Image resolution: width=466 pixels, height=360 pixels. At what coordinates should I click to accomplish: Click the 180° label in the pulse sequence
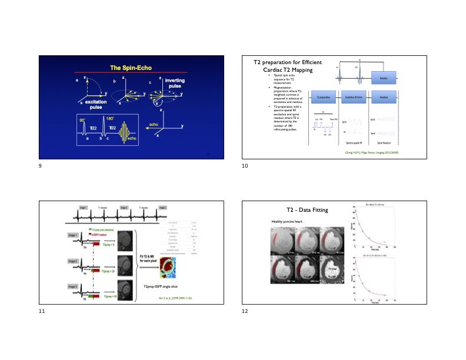(x=111, y=119)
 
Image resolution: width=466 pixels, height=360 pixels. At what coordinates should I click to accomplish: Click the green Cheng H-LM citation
(x=370, y=152)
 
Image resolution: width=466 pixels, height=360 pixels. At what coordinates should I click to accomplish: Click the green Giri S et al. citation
(x=175, y=299)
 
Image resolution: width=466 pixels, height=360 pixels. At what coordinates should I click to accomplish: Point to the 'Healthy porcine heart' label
(x=287, y=221)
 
